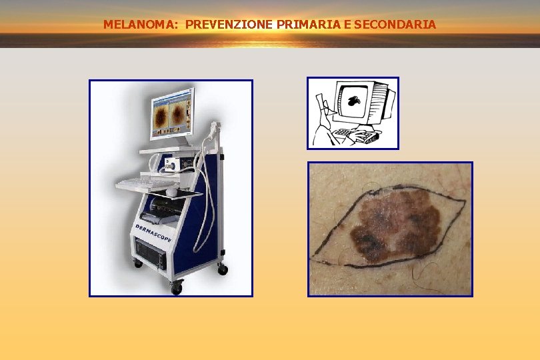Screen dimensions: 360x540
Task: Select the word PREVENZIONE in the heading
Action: point(220,25)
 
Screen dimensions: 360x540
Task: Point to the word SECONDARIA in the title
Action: point(396,25)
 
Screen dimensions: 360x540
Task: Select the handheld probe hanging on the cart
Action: point(213,129)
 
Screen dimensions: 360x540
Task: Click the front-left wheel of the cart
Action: point(176,287)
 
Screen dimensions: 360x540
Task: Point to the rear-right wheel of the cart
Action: point(223,269)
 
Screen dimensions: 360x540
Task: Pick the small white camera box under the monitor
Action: point(170,161)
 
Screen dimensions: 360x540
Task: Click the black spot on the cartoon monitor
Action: point(354,101)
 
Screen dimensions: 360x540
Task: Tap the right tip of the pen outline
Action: point(464,200)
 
